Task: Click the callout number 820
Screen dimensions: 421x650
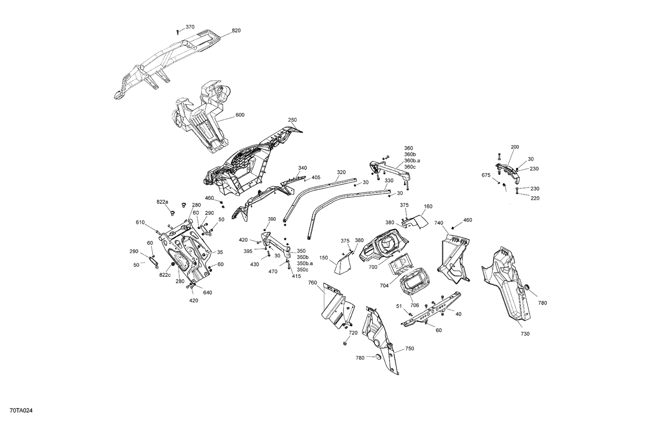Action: coord(236,31)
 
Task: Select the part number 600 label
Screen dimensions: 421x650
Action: coord(240,115)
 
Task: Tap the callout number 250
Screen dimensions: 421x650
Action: coord(292,120)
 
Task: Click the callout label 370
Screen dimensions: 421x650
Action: coord(190,27)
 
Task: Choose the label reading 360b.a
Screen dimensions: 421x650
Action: coord(412,161)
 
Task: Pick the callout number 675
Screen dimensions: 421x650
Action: coord(486,175)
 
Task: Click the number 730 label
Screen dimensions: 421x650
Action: coord(525,334)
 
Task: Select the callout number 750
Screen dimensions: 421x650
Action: coord(410,349)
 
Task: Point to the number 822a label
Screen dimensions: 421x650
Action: coord(162,202)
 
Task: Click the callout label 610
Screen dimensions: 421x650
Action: coord(140,223)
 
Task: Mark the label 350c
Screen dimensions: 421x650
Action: coord(302,269)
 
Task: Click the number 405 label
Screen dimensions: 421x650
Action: coord(316,177)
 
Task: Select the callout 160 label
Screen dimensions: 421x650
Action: coord(428,207)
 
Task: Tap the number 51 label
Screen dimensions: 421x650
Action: coord(399,306)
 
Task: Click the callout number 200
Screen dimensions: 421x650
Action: coord(515,147)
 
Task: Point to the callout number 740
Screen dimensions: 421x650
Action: coord(439,223)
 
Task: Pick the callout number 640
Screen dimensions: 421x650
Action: coord(208,292)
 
